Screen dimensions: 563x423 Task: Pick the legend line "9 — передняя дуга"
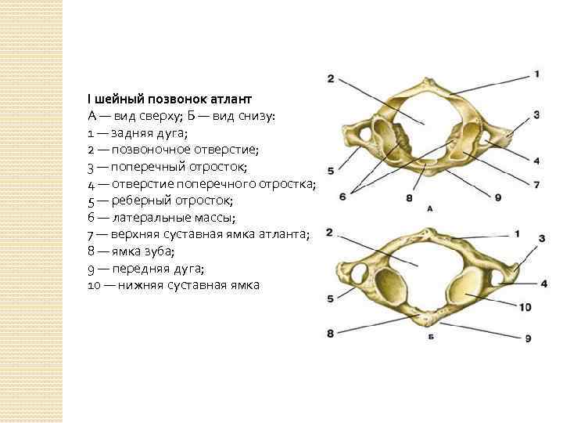pyautogui.click(x=145, y=267)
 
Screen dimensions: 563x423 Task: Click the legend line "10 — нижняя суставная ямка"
pyautogui.click(x=173, y=284)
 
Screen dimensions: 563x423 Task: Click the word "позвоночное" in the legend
pyautogui.click(x=152, y=150)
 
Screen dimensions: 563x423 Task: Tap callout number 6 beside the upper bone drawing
pyautogui.click(x=342, y=197)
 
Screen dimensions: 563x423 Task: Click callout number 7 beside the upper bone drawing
pyautogui.click(x=537, y=184)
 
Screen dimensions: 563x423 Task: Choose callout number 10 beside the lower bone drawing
pyautogui.click(x=525, y=306)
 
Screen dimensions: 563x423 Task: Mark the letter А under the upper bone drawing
pyautogui.click(x=430, y=209)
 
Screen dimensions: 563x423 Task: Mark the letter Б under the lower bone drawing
pyautogui.click(x=430, y=334)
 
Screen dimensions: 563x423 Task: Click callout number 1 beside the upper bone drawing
pyautogui.click(x=537, y=74)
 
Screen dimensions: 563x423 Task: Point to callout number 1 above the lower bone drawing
pyautogui.click(x=517, y=233)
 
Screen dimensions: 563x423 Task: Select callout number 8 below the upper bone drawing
pyautogui.click(x=409, y=199)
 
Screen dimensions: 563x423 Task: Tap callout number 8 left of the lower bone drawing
pyautogui.click(x=330, y=334)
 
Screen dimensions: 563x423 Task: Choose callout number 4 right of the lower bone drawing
pyautogui.click(x=543, y=283)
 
